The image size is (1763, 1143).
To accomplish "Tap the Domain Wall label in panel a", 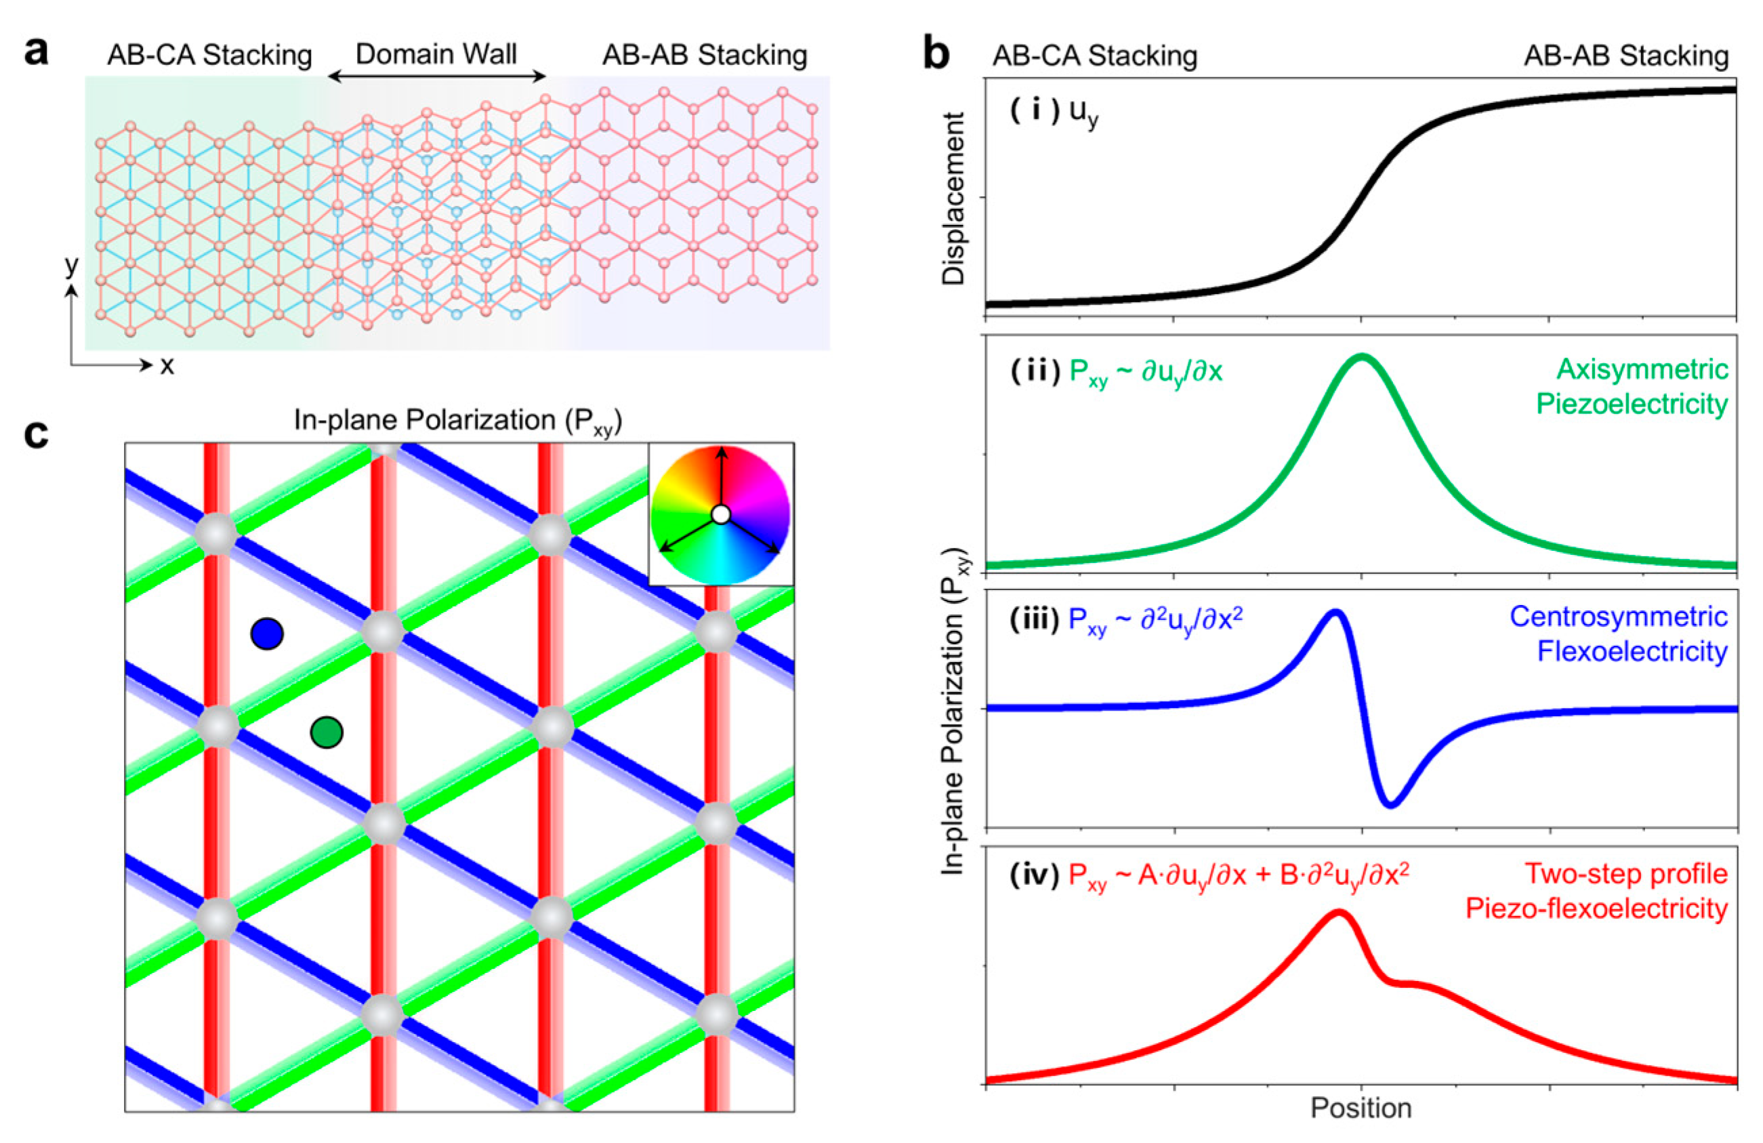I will coord(436,54).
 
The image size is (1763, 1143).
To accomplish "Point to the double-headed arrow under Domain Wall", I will coord(436,76).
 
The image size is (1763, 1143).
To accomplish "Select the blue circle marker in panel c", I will coord(267,634).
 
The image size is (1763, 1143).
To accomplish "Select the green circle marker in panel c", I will coord(327,732).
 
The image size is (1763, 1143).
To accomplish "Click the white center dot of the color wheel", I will coord(721,514).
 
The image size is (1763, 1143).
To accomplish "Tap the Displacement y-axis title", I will coord(953,199).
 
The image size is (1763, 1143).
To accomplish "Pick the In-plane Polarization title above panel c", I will coord(458,420).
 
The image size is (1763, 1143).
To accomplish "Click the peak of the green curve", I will coord(1361,356).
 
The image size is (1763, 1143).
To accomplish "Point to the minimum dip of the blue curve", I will coord(1390,804).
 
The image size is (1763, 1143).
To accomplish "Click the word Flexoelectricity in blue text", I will coord(1632,651).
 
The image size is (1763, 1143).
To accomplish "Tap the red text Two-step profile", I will coord(1625,874).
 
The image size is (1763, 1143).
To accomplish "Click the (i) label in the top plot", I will coord(1035,111).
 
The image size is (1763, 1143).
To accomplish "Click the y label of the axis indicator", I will coord(71,264).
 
